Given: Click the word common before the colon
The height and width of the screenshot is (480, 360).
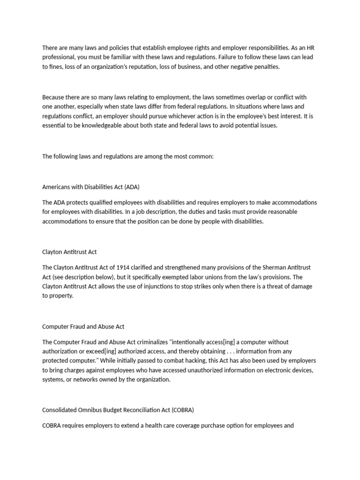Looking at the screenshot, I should (x=202, y=157).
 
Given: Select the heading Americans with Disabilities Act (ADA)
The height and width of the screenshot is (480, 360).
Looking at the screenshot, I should (x=91, y=187).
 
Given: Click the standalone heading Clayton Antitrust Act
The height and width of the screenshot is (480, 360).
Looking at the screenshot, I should (x=69, y=252).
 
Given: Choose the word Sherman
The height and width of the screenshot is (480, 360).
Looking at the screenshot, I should (x=272, y=267).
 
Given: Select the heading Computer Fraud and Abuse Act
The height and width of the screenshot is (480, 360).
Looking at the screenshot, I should (x=83, y=326).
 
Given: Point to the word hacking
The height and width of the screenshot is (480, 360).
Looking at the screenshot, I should (x=172, y=361).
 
